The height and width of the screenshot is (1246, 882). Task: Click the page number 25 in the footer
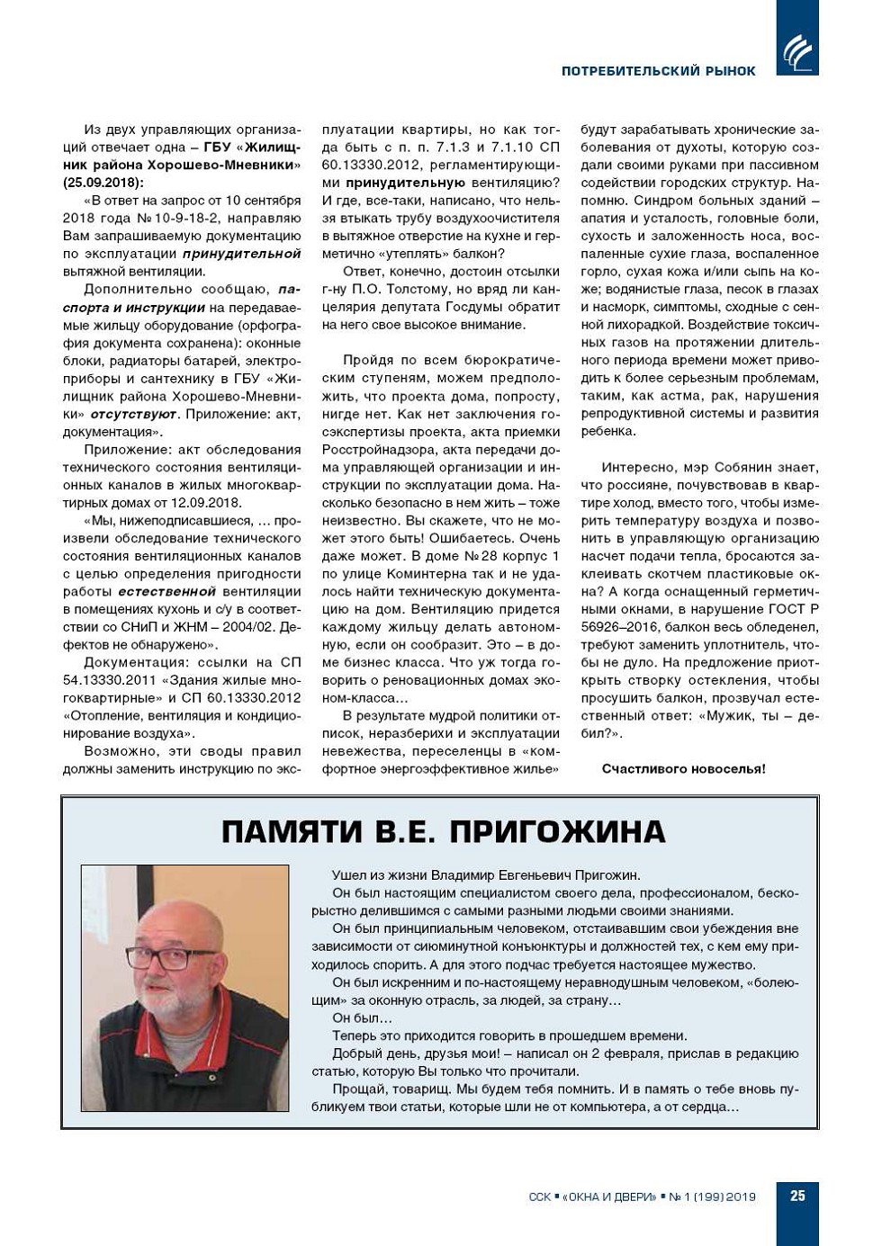coord(797,1196)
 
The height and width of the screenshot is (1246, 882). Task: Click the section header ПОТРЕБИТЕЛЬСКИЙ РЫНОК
coord(658,71)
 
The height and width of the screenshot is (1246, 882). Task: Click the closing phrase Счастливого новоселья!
coord(683,769)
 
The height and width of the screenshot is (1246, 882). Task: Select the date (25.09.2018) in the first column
coord(103,183)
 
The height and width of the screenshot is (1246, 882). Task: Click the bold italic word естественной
coord(166,592)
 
